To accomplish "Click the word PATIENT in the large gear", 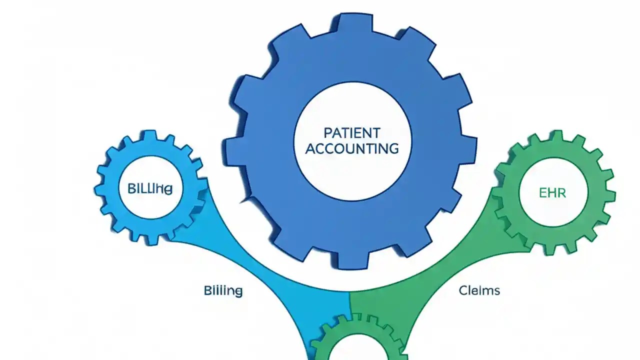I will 352,133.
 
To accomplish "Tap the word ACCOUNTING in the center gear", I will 352,148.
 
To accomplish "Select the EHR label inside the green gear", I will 553,193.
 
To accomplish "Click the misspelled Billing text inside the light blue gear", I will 150,189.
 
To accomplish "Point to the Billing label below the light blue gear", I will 223,290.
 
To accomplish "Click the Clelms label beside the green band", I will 479,290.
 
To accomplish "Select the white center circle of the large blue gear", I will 352,165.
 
